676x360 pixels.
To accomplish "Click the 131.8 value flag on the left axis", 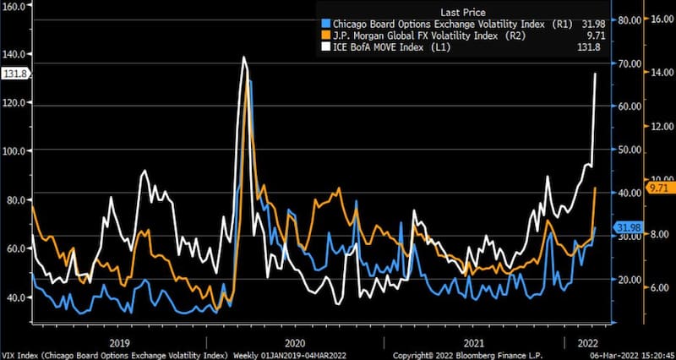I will point(15,74).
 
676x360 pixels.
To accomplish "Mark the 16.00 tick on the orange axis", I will point(660,19).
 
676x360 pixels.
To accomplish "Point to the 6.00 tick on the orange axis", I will point(659,287).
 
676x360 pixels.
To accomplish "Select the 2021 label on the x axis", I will point(474,342).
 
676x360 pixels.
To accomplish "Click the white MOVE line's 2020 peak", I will point(243,57).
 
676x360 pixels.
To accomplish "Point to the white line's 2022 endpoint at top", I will point(596,74).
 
